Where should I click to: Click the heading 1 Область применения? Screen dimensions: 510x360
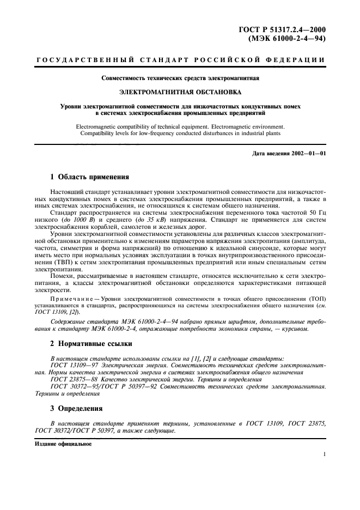point(89,177)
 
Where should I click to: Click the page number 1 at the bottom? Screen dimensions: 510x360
point(324,453)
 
